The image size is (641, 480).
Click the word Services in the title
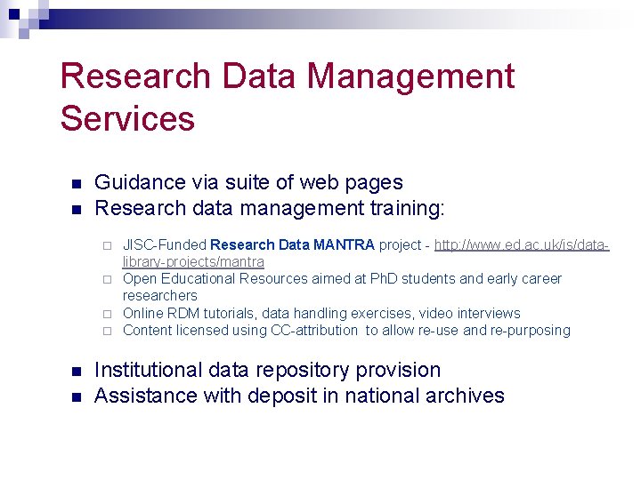pyautogui.click(x=127, y=118)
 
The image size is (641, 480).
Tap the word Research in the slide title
pyautogui.click(x=134, y=76)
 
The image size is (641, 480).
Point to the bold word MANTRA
pyautogui.click(x=344, y=244)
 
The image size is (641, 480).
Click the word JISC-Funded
pyautogui.click(x=165, y=244)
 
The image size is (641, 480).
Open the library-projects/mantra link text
pyautogui.click(x=193, y=261)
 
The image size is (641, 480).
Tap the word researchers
pyautogui.click(x=160, y=295)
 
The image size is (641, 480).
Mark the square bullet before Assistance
pyautogui.click(x=76, y=397)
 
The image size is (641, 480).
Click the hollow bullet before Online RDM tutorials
pyautogui.click(x=106, y=314)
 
